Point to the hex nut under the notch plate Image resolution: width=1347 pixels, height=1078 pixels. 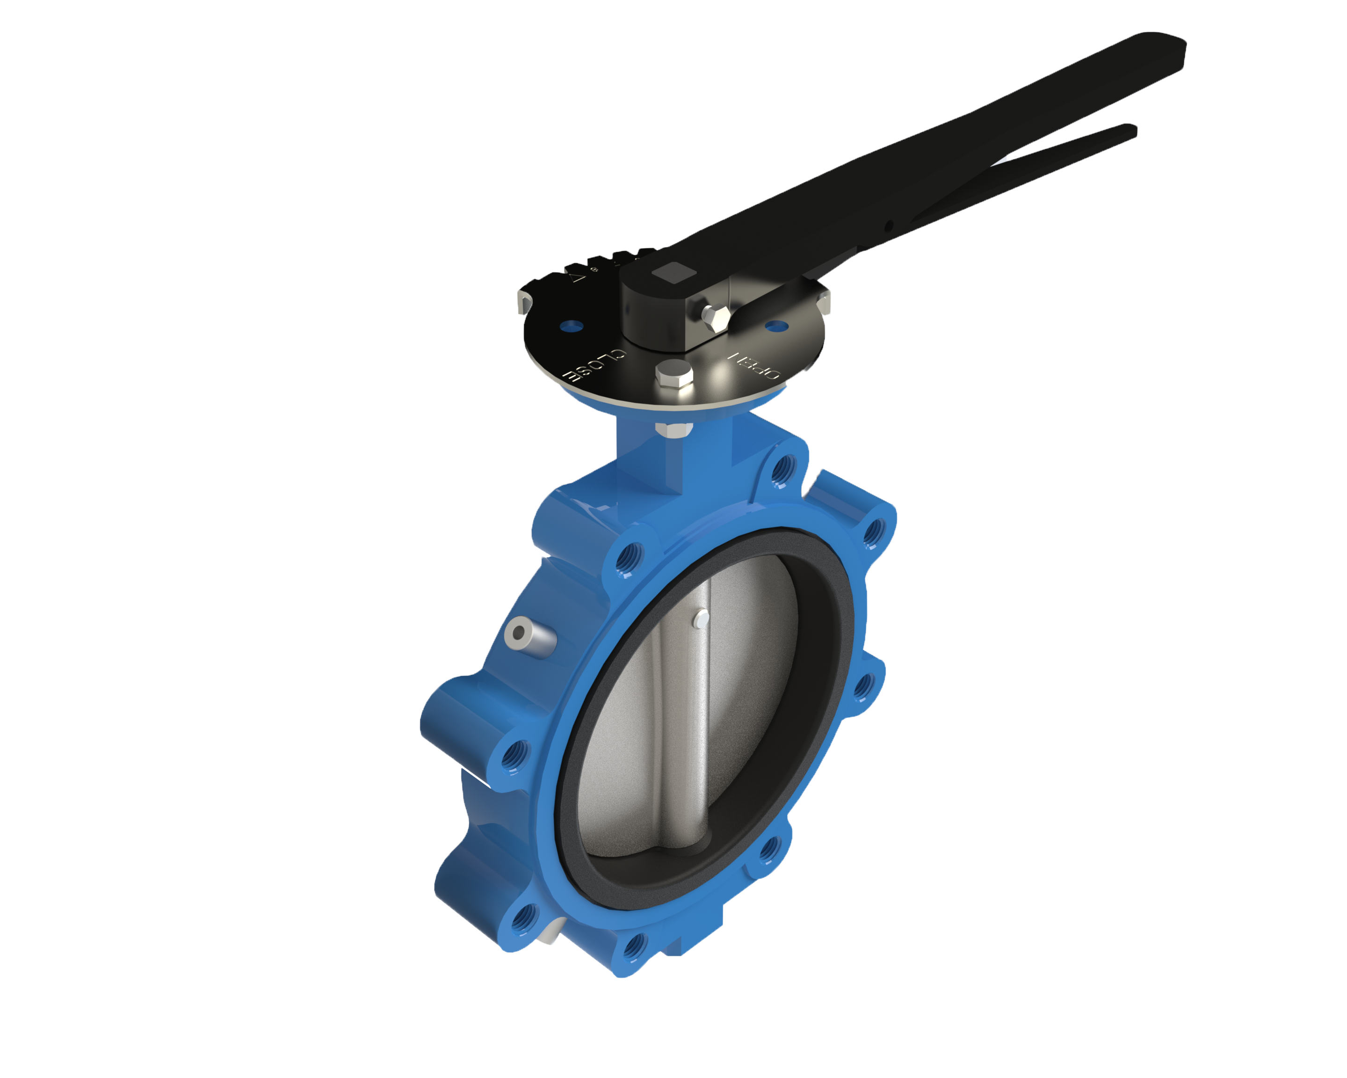coord(673,430)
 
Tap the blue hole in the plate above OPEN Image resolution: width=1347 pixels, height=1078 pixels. coord(776,326)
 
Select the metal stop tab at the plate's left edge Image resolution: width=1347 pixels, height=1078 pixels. coord(525,302)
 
